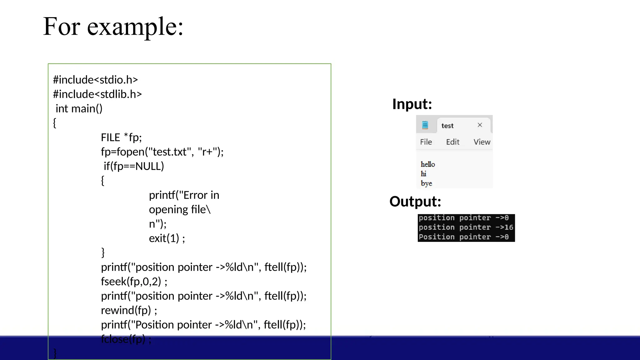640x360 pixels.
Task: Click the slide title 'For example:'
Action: tap(113, 27)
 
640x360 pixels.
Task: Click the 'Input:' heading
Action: tap(412, 104)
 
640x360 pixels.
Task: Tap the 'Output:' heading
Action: tap(415, 201)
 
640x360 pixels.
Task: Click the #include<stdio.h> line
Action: tap(95, 80)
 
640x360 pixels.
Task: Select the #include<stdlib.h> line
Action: tap(97, 94)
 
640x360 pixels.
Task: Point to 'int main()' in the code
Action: tap(79, 108)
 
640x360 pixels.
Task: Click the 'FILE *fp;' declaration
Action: tap(121, 137)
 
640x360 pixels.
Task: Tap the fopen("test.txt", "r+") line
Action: tap(162, 152)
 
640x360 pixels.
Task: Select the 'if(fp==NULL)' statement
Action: tap(134, 166)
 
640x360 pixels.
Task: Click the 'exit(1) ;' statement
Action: tap(167, 238)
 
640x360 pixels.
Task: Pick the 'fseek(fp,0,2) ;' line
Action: tap(134, 281)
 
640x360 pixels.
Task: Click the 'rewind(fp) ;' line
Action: tap(129, 310)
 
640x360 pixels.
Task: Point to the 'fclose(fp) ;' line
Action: tap(126, 339)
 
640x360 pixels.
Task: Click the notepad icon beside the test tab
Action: tap(425, 125)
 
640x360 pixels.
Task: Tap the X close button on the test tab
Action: tap(480, 125)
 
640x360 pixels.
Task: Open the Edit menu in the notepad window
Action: tap(452, 142)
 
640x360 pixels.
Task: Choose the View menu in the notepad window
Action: tap(482, 142)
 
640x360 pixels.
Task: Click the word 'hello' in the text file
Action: tap(427, 164)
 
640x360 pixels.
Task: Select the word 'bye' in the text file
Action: tap(426, 183)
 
